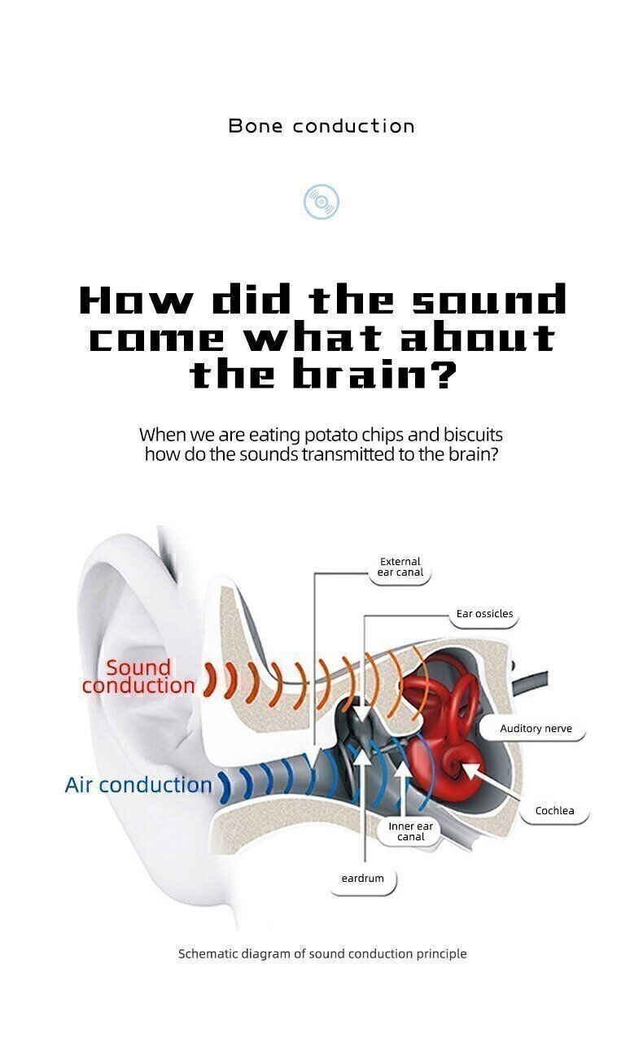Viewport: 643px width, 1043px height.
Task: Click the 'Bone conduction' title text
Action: [x=321, y=125]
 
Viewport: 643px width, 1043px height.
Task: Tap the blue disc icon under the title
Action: [x=321, y=202]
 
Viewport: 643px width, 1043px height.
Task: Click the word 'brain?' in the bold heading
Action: [x=374, y=374]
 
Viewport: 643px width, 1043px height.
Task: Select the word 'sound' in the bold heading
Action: [x=489, y=300]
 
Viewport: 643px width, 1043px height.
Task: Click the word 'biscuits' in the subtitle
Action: [x=473, y=434]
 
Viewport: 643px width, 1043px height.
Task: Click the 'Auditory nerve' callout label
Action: [x=536, y=728]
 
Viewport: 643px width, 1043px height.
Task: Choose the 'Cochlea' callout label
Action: [x=554, y=811]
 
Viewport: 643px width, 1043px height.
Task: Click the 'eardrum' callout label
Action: [x=363, y=879]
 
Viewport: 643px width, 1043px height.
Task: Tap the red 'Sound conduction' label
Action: [x=138, y=677]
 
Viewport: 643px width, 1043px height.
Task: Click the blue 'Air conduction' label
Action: [x=138, y=785]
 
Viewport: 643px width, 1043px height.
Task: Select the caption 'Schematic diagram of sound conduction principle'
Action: [x=322, y=953]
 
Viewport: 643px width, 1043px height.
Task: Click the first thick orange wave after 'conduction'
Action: [x=211, y=681]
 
